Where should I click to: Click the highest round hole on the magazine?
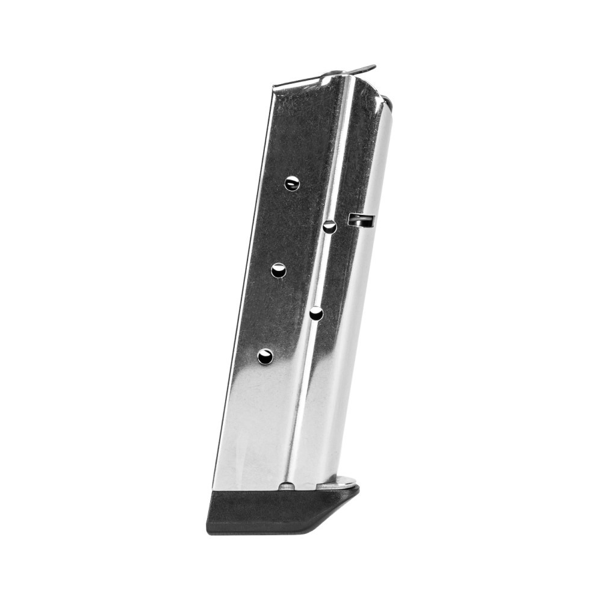click(x=292, y=183)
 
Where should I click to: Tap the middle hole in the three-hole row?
click(x=278, y=270)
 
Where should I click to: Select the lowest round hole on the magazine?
click(x=265, y=356)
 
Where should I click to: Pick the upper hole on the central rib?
click(x=329, y=227)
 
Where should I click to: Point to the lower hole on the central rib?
click(x=316, y=313)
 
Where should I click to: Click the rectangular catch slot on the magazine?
click(x=361, y=220)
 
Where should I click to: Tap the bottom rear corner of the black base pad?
click(x=208, y=532)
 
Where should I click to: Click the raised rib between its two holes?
click(x=323, y=270)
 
